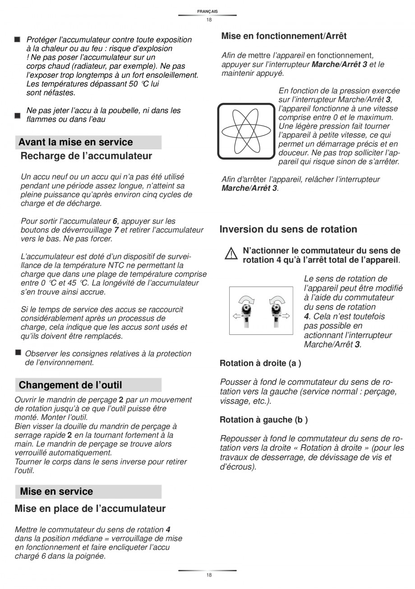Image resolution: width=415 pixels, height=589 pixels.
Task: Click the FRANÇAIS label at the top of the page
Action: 207,11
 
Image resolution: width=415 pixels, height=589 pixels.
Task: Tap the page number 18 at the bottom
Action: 208,575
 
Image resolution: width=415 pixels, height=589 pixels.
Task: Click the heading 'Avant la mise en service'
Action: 76,142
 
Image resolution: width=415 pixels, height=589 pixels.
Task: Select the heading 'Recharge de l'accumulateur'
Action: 86,156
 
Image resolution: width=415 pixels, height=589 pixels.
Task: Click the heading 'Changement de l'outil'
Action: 70,385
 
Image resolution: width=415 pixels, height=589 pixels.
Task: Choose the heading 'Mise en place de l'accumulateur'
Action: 90,509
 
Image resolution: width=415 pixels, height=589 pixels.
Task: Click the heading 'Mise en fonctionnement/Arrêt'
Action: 284,36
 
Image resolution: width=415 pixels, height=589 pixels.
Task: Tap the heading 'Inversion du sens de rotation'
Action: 288,229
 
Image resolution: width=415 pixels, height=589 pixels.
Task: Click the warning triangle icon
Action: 231,254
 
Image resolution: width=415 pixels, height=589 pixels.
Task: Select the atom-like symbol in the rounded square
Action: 246,131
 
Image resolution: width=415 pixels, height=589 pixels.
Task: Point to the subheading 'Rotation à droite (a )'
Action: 260,363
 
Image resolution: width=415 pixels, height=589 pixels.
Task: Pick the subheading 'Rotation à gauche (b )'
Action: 263,420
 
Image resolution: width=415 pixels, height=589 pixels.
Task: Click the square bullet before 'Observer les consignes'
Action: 18,352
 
